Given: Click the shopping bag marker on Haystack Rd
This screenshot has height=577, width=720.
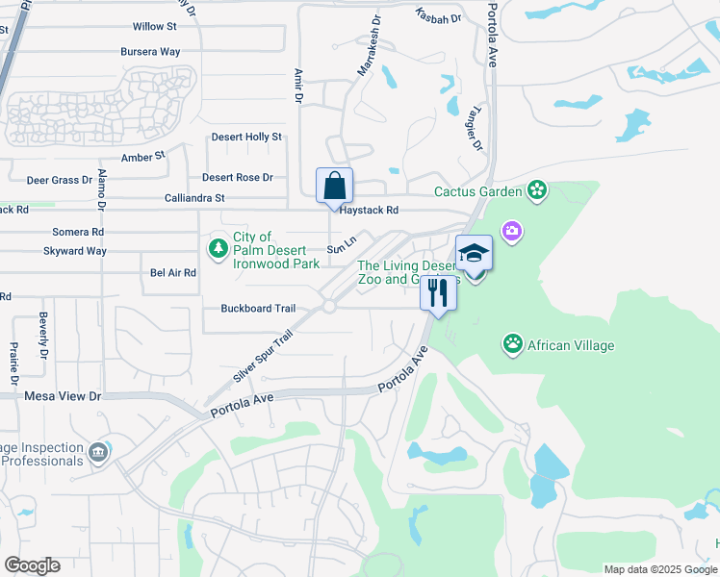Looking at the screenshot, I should pyautogui.click(x=334, y=186).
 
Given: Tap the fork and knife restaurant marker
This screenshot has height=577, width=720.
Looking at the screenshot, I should pyautogui.click(x=438, y=293).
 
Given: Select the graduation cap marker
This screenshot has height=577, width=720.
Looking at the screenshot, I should pyautogui.click(x=474, y=253).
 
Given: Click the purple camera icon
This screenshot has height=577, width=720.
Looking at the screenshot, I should pyautogui.click(x=511, y=230).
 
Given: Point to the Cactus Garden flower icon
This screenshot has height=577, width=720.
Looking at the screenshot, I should pyautogui.click(x=537, y=191).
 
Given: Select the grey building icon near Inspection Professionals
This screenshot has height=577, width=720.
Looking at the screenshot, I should pyautogui.click(x=97, y=452).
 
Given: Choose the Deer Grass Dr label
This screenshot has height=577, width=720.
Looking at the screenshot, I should pyautogui.click(x=59, y=179).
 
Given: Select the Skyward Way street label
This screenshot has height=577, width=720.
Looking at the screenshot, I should pyautogui.click(x=74, y=251).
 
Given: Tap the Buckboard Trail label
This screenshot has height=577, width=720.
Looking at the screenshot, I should pyautogui.click(x=258, y=309).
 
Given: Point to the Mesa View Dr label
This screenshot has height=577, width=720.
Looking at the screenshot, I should pyautogui.click(x=63, y=395).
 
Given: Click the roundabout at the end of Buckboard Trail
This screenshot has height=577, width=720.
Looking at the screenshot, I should pyautogui.click(x=328, y=307).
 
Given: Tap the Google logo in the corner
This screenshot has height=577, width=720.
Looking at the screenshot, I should pyautogui.click(x=32, y=565).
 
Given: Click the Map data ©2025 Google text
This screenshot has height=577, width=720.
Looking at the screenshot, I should pyautogui.click(x=659, y=569).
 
